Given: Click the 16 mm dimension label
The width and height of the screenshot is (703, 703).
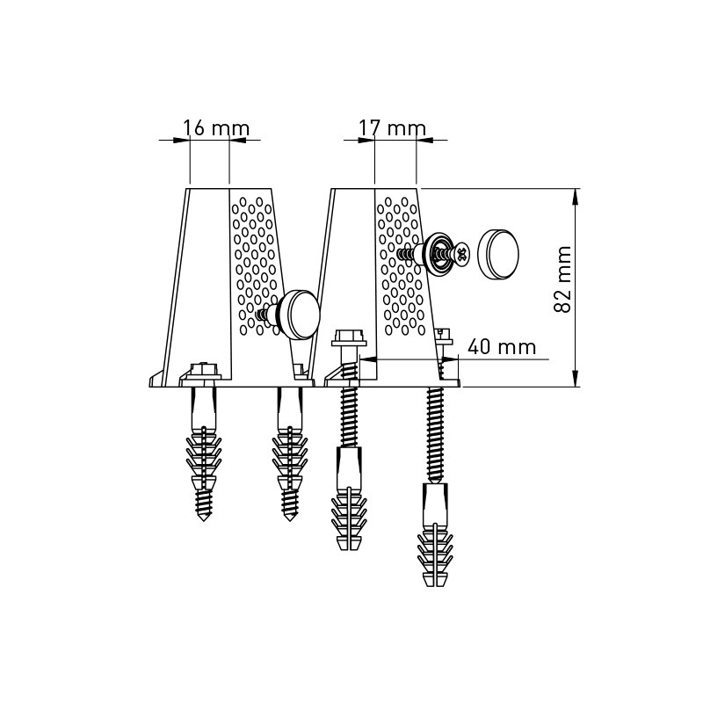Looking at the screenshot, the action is pos(215,128).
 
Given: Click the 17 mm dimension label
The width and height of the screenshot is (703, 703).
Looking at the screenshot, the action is pos(392,128).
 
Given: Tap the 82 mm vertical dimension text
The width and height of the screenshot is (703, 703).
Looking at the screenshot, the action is pos(563,279).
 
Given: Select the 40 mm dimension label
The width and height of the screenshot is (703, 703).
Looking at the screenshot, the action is pos(502,347).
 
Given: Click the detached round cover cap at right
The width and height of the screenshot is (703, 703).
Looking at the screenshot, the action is pos(497,253).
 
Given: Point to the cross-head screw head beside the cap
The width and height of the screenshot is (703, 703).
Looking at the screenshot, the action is pos(462,254).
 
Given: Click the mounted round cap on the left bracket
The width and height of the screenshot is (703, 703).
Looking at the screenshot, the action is pos(299,315).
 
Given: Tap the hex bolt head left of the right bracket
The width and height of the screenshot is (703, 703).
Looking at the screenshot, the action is pos(348,338).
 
